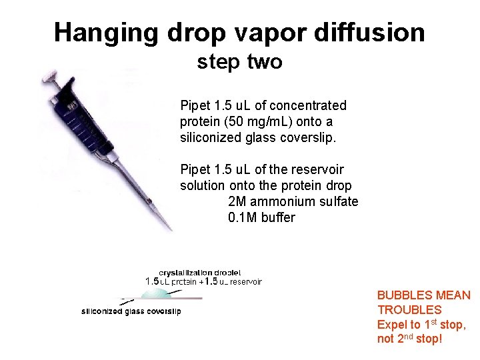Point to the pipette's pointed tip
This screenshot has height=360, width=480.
point(171,228)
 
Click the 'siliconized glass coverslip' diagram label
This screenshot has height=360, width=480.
point(131,311)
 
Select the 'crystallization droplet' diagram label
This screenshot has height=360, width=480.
point(199,272)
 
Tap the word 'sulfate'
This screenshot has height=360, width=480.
point(338,201)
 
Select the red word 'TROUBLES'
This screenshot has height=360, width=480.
point(409,310)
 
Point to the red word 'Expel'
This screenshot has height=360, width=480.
point(392,325)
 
